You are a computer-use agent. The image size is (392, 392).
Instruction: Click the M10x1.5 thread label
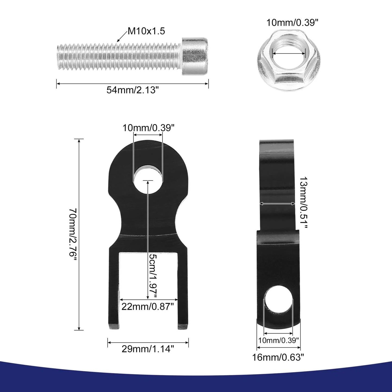tap(146, 31)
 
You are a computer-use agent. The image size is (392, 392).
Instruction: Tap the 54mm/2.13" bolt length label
tap(132, 90)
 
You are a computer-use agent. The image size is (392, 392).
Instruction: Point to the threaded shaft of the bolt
tap(119, 57)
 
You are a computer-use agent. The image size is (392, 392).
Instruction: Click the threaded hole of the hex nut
tap(289, 54)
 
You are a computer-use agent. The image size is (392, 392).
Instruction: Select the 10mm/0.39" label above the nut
tap(292, 23)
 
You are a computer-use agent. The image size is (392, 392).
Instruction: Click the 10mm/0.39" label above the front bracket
tap(148, 128)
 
